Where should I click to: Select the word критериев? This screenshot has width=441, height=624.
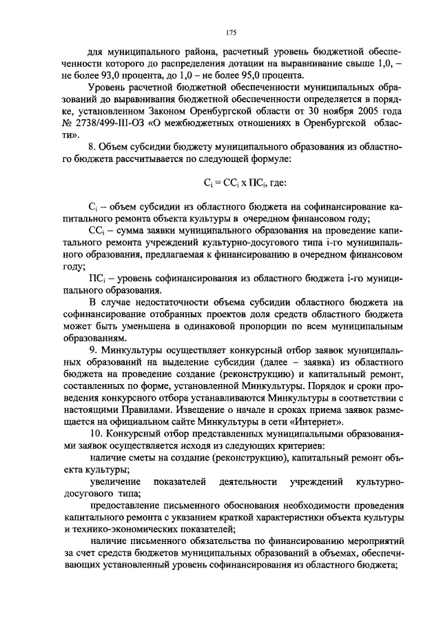tap(280, 446)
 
